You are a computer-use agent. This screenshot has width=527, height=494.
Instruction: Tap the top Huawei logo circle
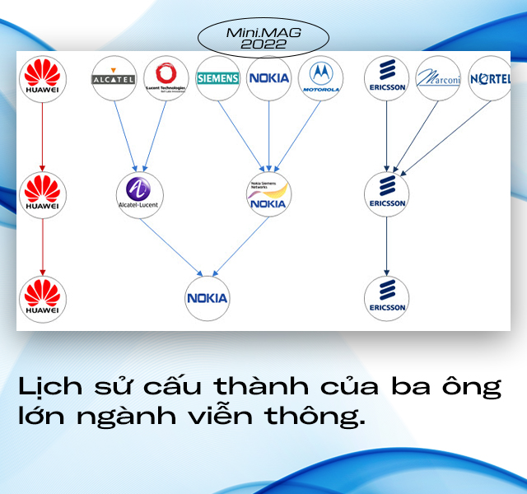42,77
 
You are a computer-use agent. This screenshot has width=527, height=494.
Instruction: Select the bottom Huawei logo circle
42,299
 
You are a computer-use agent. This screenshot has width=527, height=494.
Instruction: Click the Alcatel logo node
114,78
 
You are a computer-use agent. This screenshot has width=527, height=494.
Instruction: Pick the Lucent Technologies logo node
166,78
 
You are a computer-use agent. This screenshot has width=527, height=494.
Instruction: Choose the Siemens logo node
218,78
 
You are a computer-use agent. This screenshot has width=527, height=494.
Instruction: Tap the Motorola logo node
320,78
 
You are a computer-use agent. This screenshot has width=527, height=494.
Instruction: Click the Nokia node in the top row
269,78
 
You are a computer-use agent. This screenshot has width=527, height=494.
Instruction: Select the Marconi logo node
438,78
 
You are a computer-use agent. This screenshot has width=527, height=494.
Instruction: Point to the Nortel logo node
490,78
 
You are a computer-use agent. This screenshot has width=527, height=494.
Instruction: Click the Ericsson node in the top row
386,78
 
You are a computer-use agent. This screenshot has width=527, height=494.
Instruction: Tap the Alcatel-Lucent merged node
139,193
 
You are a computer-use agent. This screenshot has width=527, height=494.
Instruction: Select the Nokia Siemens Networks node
268,193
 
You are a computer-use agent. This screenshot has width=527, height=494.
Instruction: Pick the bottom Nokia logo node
207,298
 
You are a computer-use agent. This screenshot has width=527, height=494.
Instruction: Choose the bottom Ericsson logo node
386,298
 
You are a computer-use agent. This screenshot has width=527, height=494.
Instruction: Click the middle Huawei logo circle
42,193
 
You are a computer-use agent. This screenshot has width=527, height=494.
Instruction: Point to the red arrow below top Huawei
42,136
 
